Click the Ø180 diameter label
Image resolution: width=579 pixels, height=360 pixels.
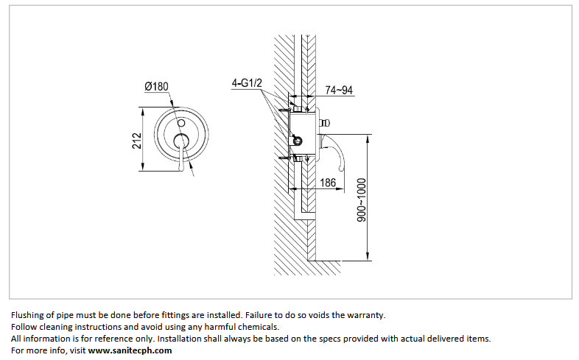click(157, 87)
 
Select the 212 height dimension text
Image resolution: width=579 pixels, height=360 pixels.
click(137, 141)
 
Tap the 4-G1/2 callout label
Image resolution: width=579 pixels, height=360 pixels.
click(247, 83)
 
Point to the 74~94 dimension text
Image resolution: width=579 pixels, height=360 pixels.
click(339, 90)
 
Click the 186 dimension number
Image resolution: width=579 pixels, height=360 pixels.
click(328, 183)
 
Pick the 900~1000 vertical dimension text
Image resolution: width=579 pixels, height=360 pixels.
click(362, 200)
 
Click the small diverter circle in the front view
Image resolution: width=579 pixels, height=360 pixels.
click(181, 123)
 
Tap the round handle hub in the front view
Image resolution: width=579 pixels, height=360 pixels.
click(181, 141)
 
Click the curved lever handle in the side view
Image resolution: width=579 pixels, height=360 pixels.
click(335, 152)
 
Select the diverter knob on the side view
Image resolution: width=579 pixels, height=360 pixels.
click(324, 123)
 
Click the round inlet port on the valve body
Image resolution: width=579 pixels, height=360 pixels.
click(298, 140)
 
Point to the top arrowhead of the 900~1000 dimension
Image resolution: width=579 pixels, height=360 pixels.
click(368, 139)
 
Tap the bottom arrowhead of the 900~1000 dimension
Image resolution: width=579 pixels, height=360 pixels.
click(368, 256)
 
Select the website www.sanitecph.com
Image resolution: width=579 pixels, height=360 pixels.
click(130, 350)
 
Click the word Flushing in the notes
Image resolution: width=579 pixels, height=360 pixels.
click(28, 315)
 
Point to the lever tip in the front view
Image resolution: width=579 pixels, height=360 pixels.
click(180, 168)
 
